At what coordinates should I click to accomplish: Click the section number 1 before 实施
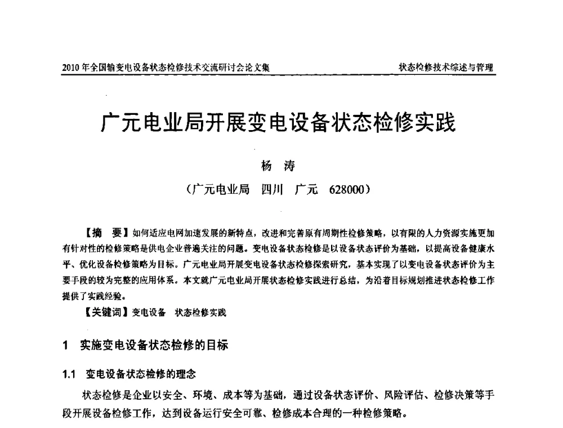click(x=66, y=345)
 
